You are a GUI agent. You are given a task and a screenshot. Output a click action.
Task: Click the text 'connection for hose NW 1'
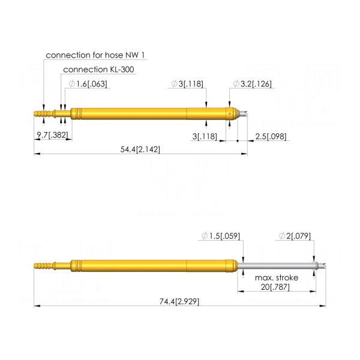[95, 55]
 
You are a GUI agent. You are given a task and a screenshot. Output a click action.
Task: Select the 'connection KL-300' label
[98, 70]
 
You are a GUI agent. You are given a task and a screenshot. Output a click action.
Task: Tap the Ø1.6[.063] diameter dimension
[88, 84]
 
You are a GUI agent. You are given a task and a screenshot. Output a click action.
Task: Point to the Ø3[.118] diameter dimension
[187, 84]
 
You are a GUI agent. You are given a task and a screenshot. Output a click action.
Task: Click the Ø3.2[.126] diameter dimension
[253, 84]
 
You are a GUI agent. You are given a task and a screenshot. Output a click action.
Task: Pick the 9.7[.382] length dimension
[53, 135]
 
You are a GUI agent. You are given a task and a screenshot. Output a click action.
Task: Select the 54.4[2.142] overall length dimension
[140, 149]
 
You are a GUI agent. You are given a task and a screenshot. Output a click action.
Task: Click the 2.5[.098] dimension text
[271, 136]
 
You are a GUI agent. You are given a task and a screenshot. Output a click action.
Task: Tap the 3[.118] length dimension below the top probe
[205, 136]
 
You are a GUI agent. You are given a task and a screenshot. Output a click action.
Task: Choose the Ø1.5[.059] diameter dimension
[221, 236]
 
